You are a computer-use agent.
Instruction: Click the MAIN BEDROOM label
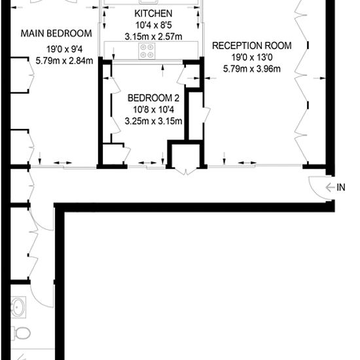coord(56,33)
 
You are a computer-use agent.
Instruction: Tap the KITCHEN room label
coord(153,14)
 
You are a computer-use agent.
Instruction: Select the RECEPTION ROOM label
coord(251,46)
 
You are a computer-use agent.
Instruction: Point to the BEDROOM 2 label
coord(153,98)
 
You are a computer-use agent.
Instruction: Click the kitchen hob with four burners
coord(147,51)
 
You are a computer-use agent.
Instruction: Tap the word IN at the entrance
coord(341,188)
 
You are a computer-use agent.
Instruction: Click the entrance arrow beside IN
coord(330,188)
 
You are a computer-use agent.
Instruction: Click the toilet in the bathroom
coord(21,333)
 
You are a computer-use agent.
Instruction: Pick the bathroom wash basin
coord(18,307)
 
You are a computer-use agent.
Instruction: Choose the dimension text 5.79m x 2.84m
coord(64,61)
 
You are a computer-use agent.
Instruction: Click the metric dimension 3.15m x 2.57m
coord(153,37)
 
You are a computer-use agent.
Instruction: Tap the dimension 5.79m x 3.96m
coord(251,69)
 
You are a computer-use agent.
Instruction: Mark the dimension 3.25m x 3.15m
coord(153,121)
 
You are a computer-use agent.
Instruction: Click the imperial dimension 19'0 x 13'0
coord(251,57)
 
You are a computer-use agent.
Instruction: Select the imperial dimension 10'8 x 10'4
coord(153,109)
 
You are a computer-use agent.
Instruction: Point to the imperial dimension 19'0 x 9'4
coord(64,49)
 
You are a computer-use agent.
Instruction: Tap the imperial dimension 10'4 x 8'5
coord(153,25)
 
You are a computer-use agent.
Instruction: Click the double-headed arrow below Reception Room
coord(247,163)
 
